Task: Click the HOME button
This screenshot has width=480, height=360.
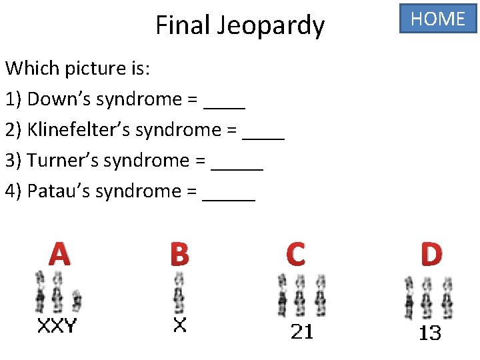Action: tap(438, 19)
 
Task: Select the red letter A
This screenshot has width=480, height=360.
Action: tap(59, 254)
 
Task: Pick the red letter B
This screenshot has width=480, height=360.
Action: tap(179, 254)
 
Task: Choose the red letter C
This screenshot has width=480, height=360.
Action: tap(295, 254)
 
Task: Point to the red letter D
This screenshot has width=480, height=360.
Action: tap(431, 254)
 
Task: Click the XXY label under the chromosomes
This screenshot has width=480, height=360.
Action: tap(57, 326)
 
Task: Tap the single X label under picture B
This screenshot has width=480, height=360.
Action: tap(179, 325)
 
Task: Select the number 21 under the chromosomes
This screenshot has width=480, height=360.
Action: tap(302, 331)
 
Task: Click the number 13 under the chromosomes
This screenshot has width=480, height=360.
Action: tap(430, 333)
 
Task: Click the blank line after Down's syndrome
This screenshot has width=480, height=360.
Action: tap(225, 107)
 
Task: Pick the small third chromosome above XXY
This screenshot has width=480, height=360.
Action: tap(77, 301)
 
